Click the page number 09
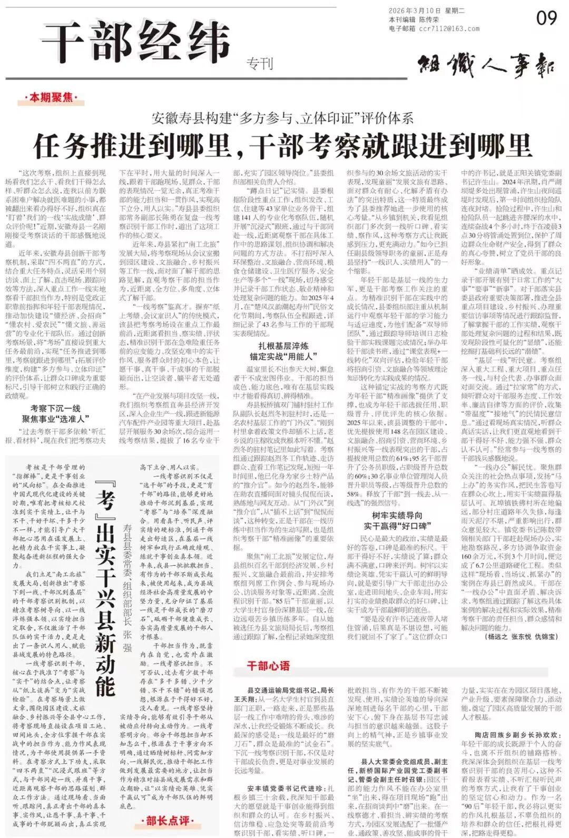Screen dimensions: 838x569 (546, 18)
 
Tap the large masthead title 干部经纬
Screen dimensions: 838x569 (136, 42)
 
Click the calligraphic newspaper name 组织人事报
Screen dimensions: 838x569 (487, 67)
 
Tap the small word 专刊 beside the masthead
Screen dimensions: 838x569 (260, 64)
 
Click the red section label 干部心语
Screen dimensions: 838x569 (268, 666)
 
